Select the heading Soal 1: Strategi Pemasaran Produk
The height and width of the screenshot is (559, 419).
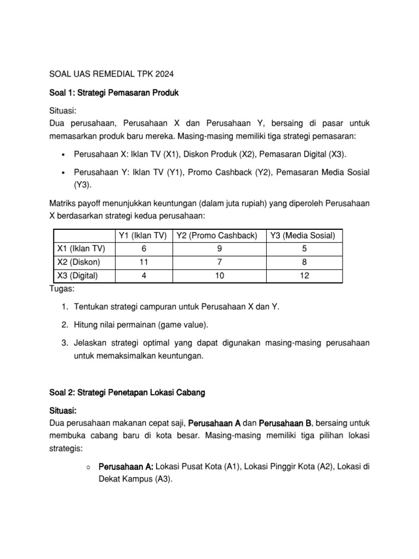(x=114, y=93)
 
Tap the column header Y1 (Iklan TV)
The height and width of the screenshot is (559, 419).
(x=142, y=235)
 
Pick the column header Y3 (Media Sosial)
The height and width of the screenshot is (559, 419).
(x=304, y=235)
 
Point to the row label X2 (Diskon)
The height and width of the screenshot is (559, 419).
(x=79, y=263)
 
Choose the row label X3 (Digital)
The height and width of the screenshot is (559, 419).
(x=79, y=276)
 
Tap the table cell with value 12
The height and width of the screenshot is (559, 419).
(x=304, y=276)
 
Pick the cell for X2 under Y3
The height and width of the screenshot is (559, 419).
(x=304, y=263)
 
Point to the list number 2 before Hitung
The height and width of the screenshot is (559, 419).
(x=64, y=325)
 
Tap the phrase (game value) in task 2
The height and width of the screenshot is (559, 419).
(x=183, y=325)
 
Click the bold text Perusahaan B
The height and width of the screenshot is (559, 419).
(x=285, y=424)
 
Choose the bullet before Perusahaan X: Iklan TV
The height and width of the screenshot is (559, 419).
(x=65, y=154)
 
